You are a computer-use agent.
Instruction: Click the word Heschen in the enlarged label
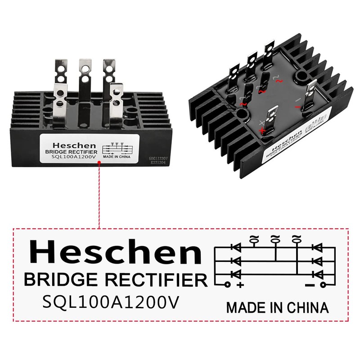pyautogui.click(x=115, y=252)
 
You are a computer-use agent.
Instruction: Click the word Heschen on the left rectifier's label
pyautogui.click(x=74, y=145)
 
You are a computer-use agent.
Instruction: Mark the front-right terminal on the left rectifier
pyautogui.click(x=116, y=97)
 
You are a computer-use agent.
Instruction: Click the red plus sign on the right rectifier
pyautogui.click(x=262, y=130)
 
